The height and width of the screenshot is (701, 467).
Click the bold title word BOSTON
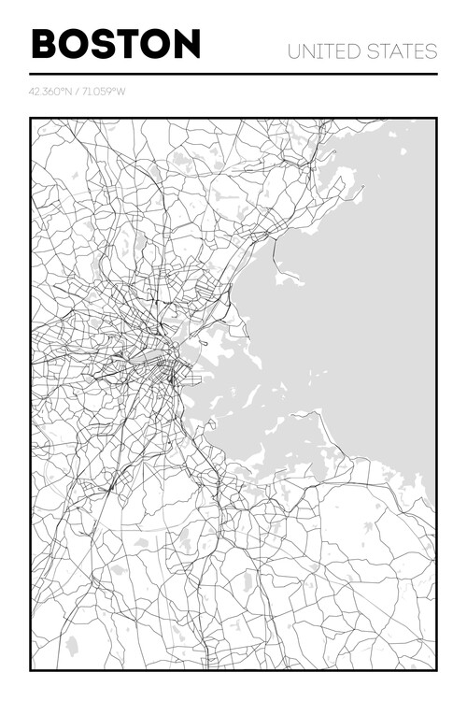pyautogui.click(x=116, y=44)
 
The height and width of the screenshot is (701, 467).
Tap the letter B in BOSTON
pyautogui.click(x=44, y=44)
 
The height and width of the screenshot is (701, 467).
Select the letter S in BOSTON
pyautogui.click(x=107, y=44)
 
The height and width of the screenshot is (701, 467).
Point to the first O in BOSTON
pyautogui.click(x=76, y=44)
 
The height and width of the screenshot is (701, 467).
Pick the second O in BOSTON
pyautogui.click(x=158, y=44)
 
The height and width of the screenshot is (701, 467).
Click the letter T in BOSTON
pyautogui.click(x=132, y=44)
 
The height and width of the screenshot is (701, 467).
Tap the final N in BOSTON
pyautogui.click(x=188, y=44)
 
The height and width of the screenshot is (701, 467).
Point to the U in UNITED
pyautogui.click(x=294, y=51)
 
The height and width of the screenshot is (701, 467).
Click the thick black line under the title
pyautogui.click(x=233, y=74)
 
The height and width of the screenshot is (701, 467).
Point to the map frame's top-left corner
pyautogui.click(x=31, y=119)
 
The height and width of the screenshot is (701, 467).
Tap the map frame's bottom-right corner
pyautogui.click(x=435, y=669)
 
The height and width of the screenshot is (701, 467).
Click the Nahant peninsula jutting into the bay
pyautogui.click(x=289, y=277)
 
